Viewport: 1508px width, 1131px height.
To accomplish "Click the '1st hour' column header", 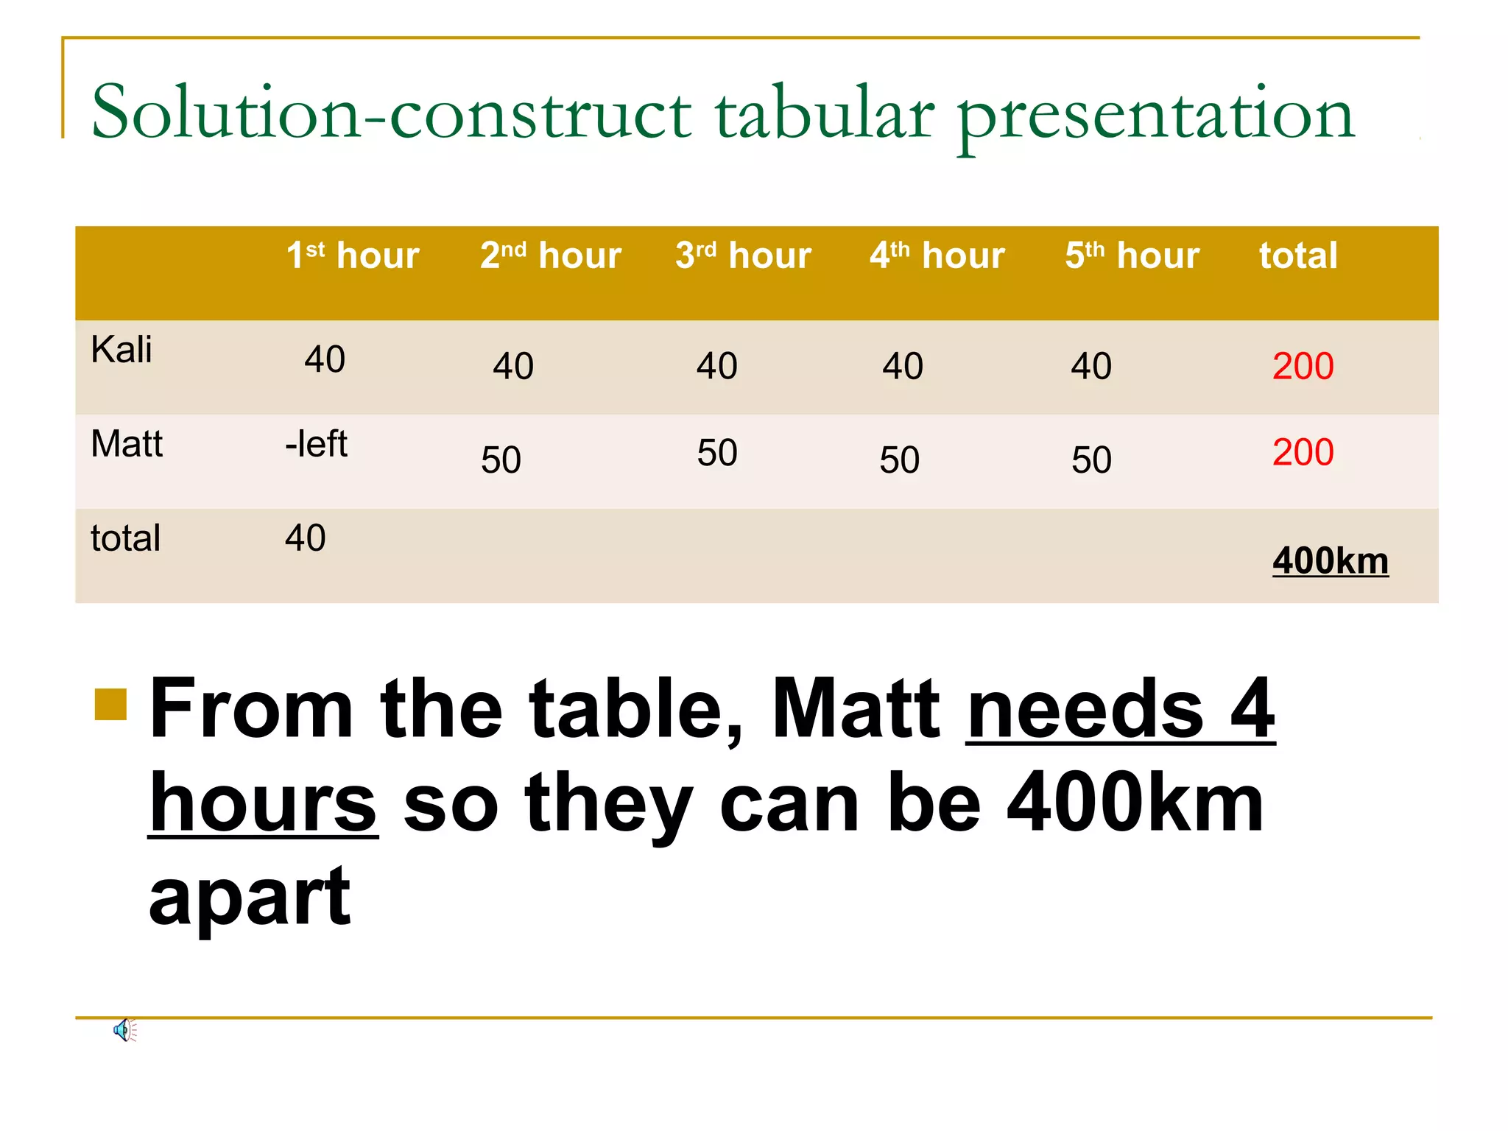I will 353,256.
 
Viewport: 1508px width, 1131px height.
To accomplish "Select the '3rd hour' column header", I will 743,256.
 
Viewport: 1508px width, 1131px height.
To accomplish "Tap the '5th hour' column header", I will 1132,256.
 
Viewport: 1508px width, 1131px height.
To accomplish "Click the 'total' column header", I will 1298,256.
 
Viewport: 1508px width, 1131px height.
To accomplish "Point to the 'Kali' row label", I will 121,349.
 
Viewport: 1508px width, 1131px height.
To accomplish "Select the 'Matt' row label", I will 127,444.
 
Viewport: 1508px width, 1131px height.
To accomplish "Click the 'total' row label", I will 125,538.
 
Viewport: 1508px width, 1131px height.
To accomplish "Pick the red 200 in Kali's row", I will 1303,366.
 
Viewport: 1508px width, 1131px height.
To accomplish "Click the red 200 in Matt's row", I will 1303,452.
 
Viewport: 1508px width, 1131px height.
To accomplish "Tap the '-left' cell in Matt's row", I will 316,444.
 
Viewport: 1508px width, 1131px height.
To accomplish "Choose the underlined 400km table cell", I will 1330,561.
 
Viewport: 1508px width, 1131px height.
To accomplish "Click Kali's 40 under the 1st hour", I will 325,359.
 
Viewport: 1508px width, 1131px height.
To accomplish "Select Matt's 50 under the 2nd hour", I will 501,460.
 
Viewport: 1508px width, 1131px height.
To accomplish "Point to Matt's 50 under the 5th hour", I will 1091,460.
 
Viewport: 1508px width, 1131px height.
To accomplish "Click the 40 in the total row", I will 306,538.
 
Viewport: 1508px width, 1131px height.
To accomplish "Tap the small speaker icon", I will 124,1030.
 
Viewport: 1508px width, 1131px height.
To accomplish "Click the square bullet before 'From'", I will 111,704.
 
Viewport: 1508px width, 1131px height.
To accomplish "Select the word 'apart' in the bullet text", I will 250,898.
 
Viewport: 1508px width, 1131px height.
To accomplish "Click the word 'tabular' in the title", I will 825,114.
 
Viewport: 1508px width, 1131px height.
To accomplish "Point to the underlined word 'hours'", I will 263,804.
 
